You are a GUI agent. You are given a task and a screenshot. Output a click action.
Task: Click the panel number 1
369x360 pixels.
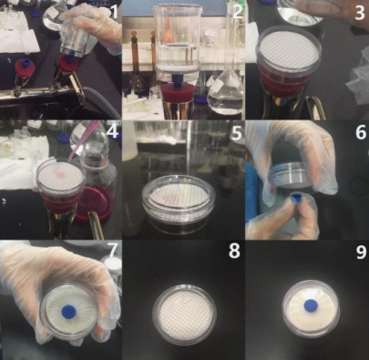tap(114, 12)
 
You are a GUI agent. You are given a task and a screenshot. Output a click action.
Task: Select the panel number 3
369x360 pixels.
tap(360, 12)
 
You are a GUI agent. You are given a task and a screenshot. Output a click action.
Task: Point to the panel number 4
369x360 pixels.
tap(113, 132)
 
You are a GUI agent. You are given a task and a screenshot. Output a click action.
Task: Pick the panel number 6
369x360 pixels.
tap(360, 132)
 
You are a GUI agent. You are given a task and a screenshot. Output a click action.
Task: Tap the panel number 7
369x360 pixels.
tap(112, 250)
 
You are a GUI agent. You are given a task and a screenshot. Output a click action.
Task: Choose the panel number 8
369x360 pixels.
tap(234, 251)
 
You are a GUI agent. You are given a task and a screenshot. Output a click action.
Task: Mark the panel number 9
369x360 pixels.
tap(361, 252)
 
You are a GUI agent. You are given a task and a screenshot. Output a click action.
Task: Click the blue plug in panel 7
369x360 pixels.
tap(68, 311)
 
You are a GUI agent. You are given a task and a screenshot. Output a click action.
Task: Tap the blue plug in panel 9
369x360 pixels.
tap(311, 304)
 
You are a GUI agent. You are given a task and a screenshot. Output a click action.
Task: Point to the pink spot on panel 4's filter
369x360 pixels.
tap(61, 174)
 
